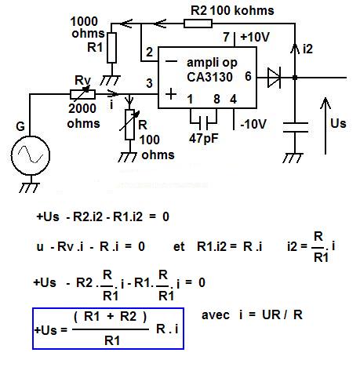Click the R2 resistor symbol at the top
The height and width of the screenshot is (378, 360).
[x=198, y=24]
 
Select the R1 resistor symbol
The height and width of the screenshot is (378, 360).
[x=111, y=48]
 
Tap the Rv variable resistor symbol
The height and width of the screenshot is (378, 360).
[x=83, y=94]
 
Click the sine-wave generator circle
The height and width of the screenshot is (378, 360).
[x=31, y=155]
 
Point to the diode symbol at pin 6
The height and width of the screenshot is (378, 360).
[x=274, y=78]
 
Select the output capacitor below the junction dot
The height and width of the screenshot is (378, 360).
[x=296, y=127]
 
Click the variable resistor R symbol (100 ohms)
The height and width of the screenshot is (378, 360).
[x=129, y=125]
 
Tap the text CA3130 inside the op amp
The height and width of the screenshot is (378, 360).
[x=209, y=77]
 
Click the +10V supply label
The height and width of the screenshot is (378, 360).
[x=255, y=37]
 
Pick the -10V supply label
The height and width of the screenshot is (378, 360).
[x=253, y=124]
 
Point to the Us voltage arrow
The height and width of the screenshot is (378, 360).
[x=325, y=126]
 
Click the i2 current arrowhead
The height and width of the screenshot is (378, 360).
[x=295, y=49]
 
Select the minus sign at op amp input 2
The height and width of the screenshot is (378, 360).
[x=171, y=61]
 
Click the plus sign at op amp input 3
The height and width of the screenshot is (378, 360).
[x=171, y=94]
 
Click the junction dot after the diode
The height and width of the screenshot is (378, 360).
[x=295, y=78]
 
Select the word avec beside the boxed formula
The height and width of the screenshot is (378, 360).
[x=216, y=315]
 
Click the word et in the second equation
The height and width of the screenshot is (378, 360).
[x=179, y=246]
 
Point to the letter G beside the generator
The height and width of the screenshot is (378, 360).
[x=20, y=126]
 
